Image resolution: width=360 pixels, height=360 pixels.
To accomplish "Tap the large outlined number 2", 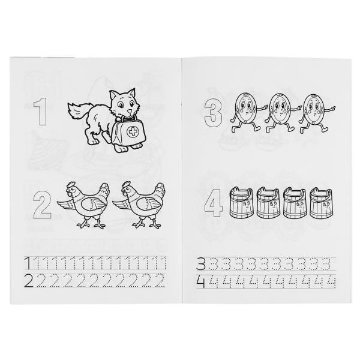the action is [42, 205].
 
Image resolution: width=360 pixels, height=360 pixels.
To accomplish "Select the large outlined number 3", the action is [213, 113].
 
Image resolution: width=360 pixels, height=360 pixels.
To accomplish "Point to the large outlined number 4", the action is [214, 203].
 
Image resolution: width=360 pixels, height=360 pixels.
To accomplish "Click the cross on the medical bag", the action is [132, 132].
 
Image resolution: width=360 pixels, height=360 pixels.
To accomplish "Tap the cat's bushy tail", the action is [77, 112].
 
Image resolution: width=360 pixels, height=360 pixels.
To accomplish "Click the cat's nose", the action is [130, 112].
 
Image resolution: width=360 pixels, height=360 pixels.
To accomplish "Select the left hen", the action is [83, 205].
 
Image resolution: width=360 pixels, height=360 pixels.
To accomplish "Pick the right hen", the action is [139, 205].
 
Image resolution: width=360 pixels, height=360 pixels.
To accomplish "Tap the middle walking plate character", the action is [281, 113].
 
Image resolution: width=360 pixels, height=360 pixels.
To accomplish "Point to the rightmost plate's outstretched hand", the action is [332, 108].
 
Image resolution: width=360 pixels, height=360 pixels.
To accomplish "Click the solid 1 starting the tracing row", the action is [28, 263].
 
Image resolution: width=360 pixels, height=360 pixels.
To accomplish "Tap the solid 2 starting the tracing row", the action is [29, 281].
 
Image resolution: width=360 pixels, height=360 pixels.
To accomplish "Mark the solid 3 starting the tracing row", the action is [201, 263].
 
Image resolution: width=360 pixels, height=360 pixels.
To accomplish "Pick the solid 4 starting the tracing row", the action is [200, 282].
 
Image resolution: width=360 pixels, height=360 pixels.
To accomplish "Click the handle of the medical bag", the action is [129, 118].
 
